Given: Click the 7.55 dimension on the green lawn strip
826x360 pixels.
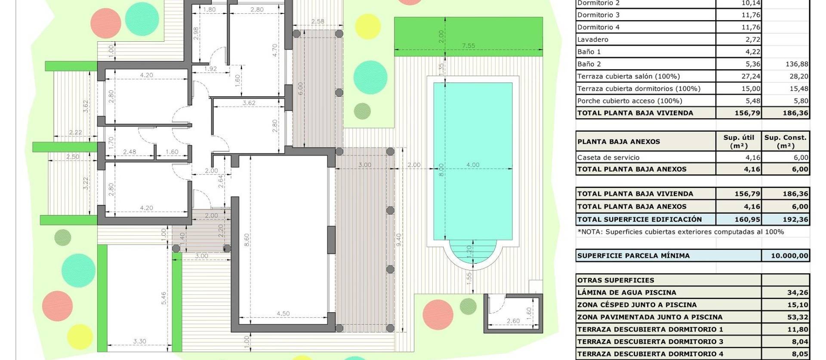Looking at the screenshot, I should pyautogui.click(x=468, y=46).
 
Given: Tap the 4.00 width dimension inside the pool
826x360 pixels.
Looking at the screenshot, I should pyautogui.click(x=472, y=165).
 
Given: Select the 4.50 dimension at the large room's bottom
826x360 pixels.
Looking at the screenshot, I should pyautogui.click(x=283, y=314).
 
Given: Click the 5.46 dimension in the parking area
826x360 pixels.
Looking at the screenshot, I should pyautogui.click(x=163, y=298).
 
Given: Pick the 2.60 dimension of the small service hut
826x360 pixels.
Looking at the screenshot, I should pyautogui.click(x=513, y=321).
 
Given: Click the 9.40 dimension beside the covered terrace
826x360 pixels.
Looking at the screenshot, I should pyautogui.click(x=399, y=237).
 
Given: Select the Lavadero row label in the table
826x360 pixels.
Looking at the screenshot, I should pyautogui.click(x=593, y=40).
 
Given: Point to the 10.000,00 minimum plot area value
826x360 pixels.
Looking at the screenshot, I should pyautogui.click(x=789, y=255).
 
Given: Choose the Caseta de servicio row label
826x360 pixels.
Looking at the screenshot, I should pyautogui.click(x=608, y=157).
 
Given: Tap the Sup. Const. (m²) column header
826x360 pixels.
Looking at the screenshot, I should pyautogui.click(x=785, y=142).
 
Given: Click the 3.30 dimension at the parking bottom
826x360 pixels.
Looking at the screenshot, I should pyautogui.click(x=139, y=342).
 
